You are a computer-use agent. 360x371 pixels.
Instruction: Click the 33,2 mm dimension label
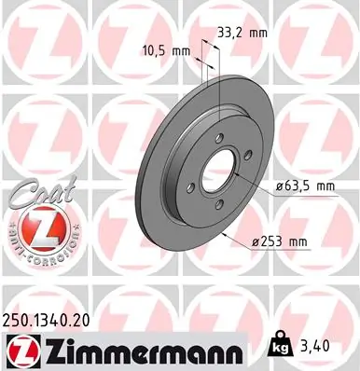coord(241,32)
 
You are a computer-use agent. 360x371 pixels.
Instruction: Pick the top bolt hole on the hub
coord(218,139)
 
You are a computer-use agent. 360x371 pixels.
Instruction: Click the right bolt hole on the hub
coord(247,169)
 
